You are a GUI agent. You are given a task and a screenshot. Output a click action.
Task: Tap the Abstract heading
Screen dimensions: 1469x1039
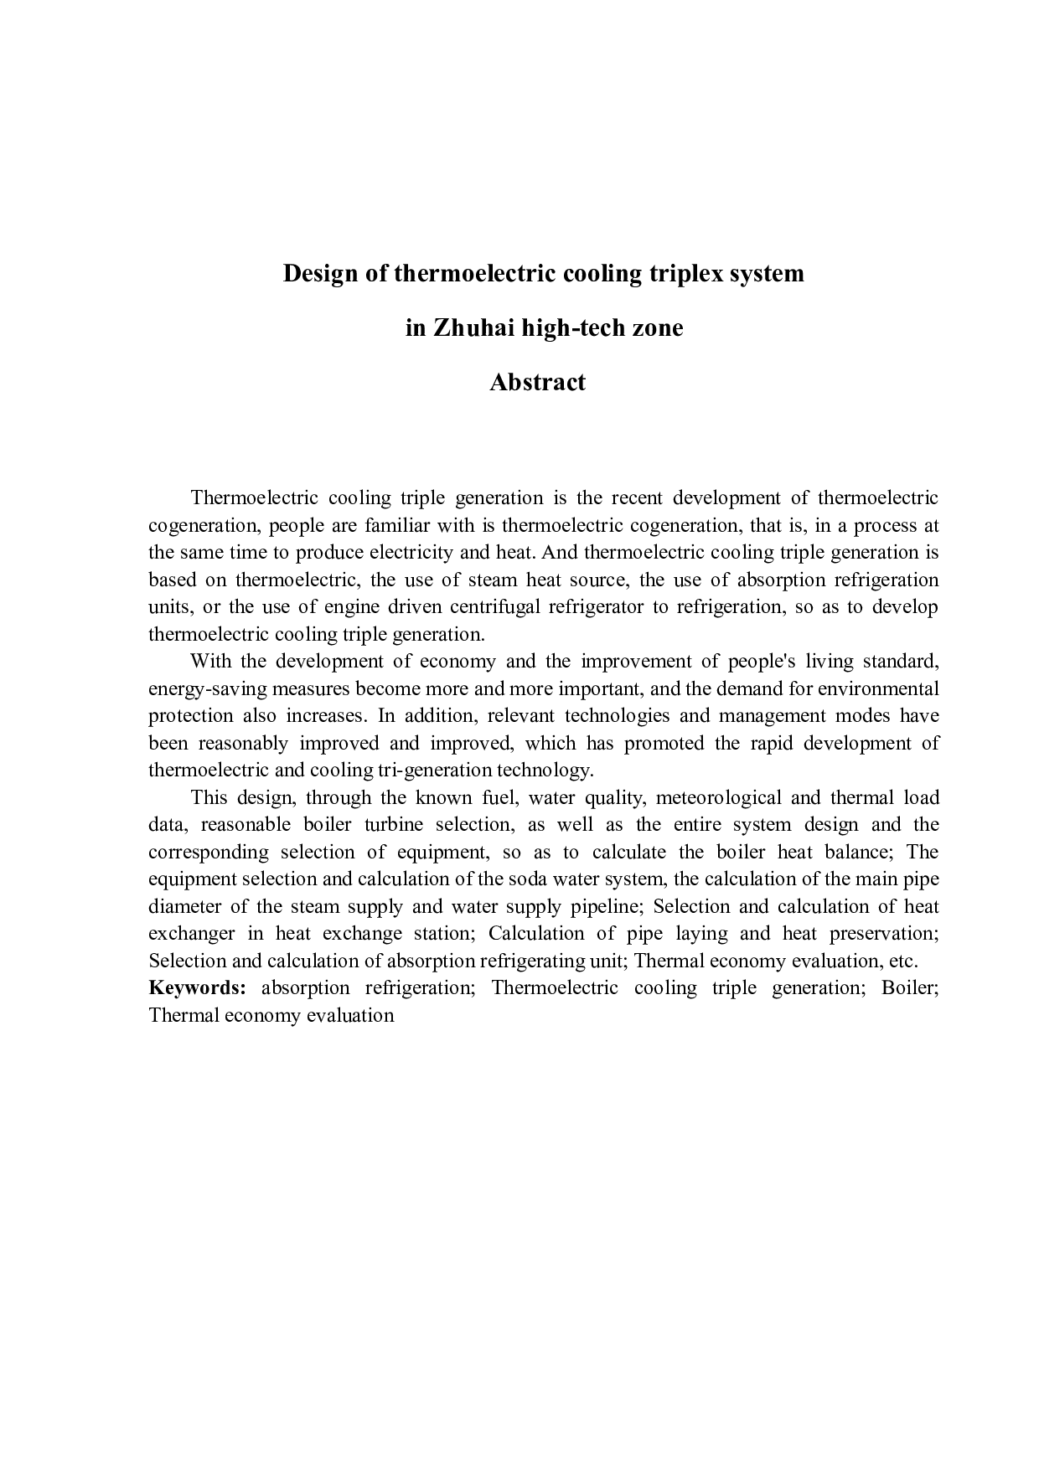[537, 382]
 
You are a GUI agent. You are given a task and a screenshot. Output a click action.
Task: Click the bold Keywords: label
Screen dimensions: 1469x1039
[197, 987]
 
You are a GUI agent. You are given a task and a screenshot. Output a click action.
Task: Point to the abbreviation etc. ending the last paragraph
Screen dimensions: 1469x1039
[904, 961]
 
